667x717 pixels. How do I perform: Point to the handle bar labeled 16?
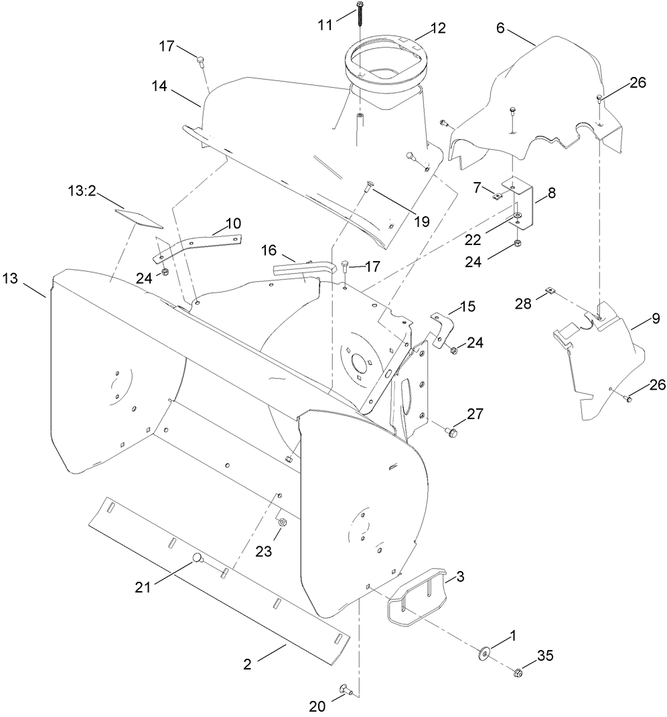pyautogui.click(x=301, y=269)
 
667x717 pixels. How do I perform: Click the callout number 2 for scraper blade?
pyautogui.click(x=248, y=664)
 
